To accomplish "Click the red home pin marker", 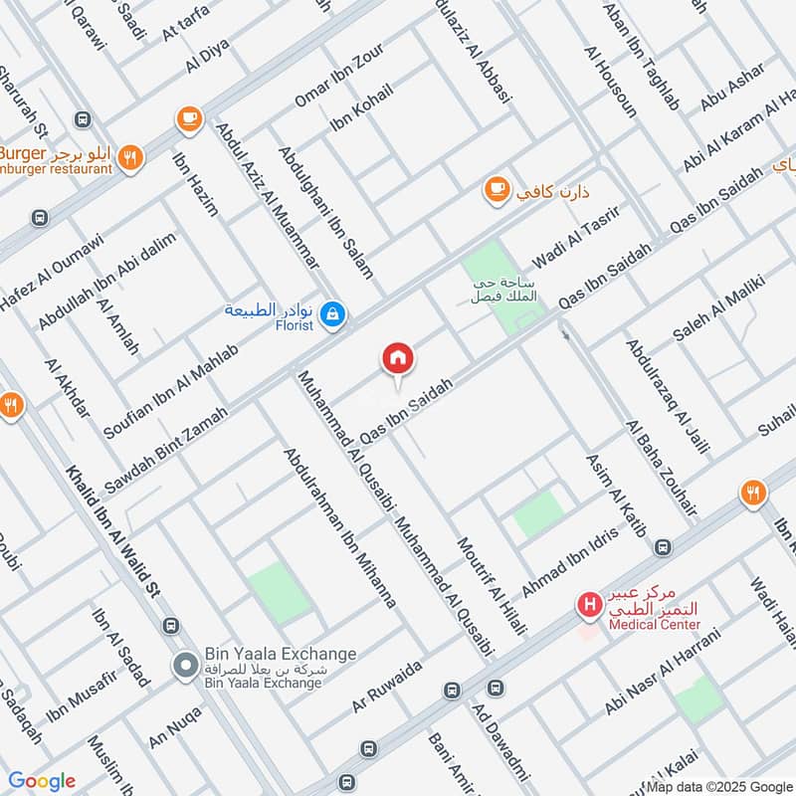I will tap(398, 358).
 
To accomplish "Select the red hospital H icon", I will tap(590, 604).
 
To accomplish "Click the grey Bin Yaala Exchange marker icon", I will tap(185, 667).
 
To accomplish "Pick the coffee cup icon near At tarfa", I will tap(187, 119).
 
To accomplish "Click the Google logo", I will tap(41, 781).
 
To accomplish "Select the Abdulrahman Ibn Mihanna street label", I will tap(340, 528).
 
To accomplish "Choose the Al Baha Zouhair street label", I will tap(662, 469).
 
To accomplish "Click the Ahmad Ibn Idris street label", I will tap(570, 562).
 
